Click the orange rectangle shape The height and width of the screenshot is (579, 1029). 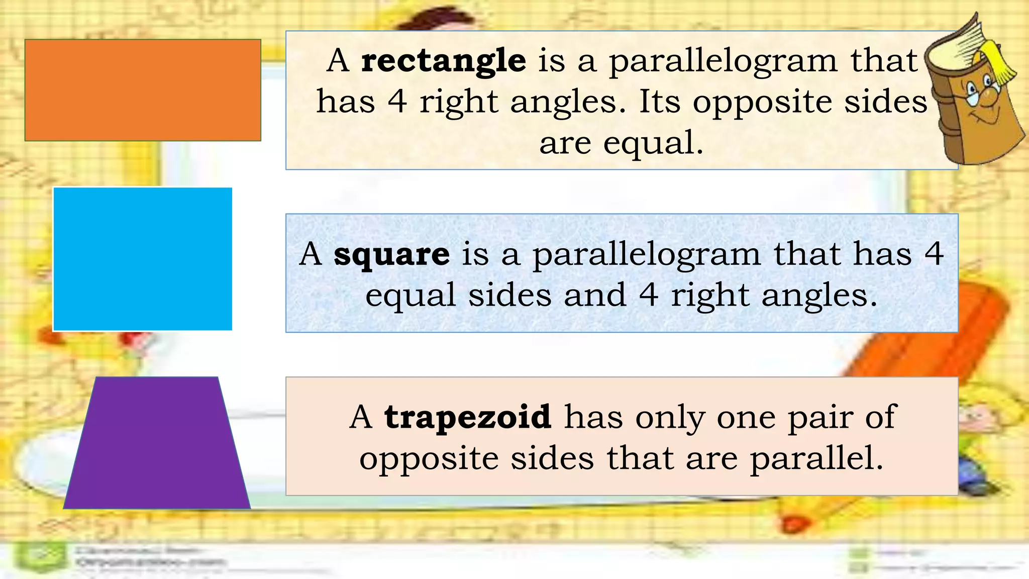coord(143,90)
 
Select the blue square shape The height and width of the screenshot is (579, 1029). coord(143,259)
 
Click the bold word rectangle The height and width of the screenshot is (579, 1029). coord(444,61)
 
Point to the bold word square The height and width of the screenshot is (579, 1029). coord(391,254)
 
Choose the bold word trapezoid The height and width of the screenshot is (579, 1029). coord(467,417)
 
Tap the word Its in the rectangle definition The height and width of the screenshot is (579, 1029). coord(660,102)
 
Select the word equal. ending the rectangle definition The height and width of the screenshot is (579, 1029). coord(653,143)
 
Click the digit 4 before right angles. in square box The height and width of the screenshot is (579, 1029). coord(648,295)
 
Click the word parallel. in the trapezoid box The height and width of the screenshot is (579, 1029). coord(816,458)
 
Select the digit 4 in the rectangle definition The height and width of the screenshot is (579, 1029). coord(397,102)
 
